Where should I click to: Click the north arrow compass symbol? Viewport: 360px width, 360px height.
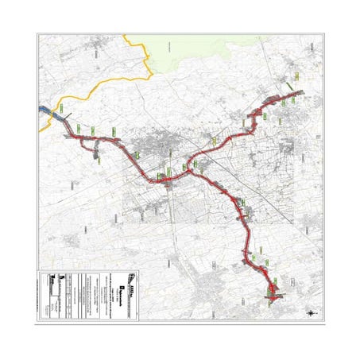tap(309, 314)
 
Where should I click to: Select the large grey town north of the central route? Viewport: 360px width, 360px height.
tap(163, 148)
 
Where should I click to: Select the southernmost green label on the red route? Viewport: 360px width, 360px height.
tap(276, 285)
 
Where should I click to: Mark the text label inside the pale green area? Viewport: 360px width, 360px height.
tap(168, 49)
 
